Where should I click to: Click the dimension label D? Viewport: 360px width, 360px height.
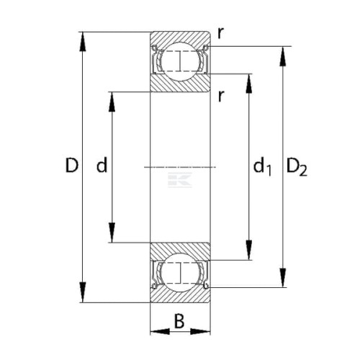pos(72,166)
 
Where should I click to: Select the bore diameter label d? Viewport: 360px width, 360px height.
pos(102,165)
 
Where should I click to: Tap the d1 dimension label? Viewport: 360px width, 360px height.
pos(262,166)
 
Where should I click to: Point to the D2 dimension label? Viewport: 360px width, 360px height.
pos(297,167)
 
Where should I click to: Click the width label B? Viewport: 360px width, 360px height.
pos(179,321)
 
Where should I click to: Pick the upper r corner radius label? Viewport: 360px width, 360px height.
pos(220,33)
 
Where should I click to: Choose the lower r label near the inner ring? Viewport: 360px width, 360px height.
pos(221,96)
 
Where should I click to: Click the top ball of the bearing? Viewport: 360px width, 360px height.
pos(180,61)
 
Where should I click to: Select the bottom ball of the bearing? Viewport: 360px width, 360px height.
pos(180,273)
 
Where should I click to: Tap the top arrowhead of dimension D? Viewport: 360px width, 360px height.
pos(83,41)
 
